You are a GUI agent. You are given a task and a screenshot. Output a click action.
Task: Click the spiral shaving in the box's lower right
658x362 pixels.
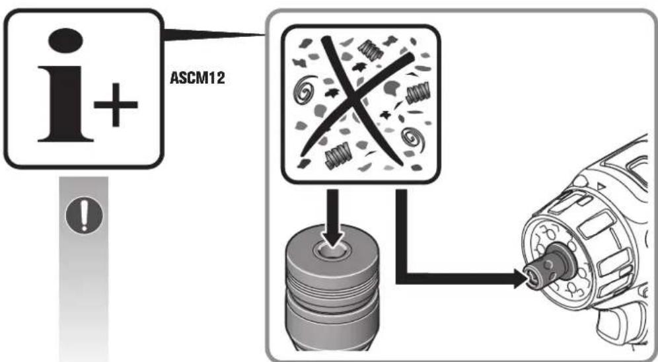click(x=414, y=139)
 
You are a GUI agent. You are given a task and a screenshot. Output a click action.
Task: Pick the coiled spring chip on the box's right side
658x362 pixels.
click(x=418, y=94)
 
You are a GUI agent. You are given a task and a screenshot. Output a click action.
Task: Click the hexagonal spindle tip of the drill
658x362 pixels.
click(x=534, y=276)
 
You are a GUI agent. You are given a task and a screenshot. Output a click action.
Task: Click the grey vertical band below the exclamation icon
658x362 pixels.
click(x=84, y=297)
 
